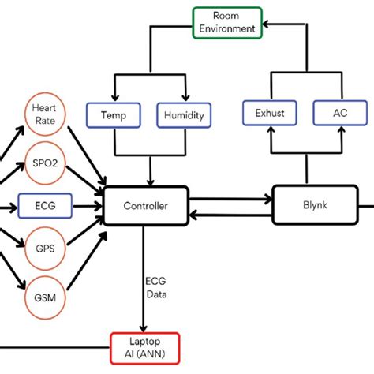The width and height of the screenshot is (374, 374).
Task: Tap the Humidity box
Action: pos(185,114)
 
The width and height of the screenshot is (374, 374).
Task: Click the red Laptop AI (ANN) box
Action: pos(142,344)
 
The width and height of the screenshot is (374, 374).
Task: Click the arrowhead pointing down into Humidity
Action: pos(185,97)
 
